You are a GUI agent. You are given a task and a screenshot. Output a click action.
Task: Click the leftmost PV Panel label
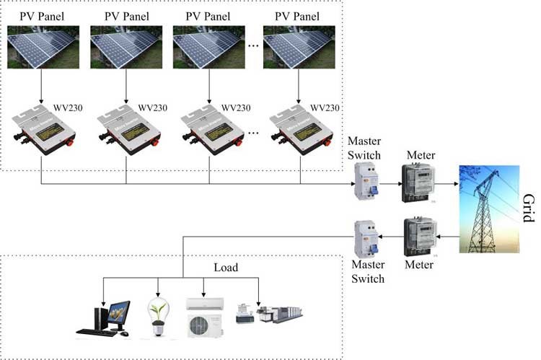(42, 16)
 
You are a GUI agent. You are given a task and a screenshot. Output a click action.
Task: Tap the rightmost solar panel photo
(299, 47)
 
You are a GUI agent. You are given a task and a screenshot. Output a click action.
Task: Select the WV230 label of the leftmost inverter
(68, 108)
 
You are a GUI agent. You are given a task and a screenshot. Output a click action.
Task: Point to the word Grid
(529, 208)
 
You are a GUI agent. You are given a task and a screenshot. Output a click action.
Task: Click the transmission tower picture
(489, 209)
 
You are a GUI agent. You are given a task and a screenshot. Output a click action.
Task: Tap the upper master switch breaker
(366, 181)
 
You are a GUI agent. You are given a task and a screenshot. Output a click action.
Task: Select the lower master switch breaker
(366, 240)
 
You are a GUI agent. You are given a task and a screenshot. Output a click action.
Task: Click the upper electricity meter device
(417, 183)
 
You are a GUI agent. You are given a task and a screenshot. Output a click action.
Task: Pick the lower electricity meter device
(421, 237)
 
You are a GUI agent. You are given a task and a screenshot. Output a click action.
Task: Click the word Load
(226, 268)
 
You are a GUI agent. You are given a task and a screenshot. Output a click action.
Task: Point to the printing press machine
(280, 314)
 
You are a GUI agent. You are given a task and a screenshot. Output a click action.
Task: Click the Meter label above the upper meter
(421, 155)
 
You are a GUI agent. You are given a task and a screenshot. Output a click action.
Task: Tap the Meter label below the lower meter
(419, 265)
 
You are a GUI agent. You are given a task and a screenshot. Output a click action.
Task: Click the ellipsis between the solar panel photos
(254, 46)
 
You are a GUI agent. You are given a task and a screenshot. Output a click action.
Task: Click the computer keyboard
(97, 333)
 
